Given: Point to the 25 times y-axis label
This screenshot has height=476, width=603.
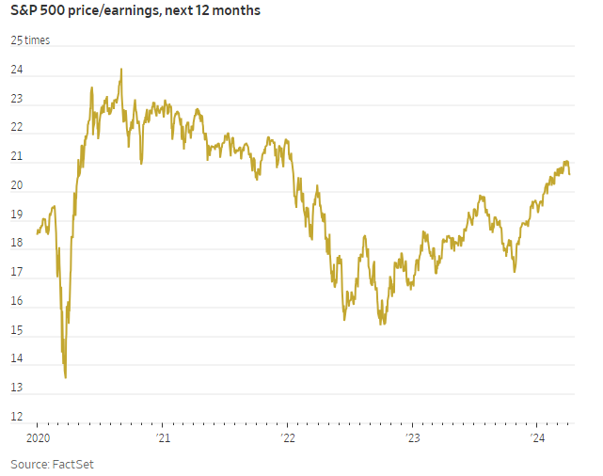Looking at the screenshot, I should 30,40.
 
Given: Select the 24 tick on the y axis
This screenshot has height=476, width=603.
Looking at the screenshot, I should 17,71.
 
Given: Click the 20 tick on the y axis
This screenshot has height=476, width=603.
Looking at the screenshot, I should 17,186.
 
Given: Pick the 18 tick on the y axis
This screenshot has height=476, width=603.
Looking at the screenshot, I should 17,244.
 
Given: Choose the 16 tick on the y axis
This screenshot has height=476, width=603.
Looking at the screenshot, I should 17,301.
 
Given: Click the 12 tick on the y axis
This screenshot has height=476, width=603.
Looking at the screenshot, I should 17,417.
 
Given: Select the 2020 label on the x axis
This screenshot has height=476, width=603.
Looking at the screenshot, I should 37,437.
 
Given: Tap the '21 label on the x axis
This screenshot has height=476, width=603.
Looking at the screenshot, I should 163,437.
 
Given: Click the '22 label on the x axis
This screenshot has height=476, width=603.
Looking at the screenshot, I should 288,437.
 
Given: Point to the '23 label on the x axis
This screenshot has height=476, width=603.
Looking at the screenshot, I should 413,437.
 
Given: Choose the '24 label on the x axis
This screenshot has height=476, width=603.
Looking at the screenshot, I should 538,437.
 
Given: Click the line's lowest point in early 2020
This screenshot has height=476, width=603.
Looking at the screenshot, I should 65,377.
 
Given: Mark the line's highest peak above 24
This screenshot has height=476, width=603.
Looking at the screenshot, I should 121,69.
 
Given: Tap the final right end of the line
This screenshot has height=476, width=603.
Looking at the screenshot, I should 570,173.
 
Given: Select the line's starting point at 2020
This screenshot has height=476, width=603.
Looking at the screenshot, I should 37,233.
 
